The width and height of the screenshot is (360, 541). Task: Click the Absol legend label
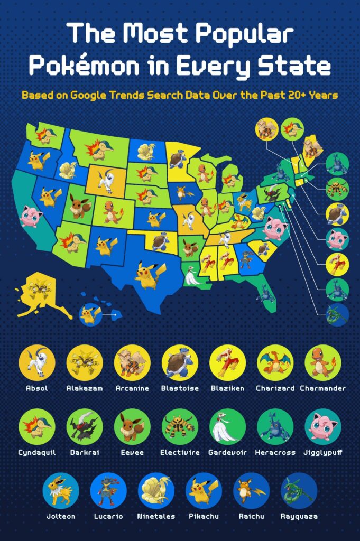37,388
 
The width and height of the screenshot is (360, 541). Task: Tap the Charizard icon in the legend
274,363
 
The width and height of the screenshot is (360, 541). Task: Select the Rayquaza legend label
299,516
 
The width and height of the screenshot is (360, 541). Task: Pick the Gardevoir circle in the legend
227,427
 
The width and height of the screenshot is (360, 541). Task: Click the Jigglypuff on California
31,216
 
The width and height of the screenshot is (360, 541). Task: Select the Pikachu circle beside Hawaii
90,315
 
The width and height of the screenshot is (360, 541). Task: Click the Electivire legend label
180,453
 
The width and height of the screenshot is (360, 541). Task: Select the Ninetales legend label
156,516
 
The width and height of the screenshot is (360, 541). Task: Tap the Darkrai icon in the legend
85,427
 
